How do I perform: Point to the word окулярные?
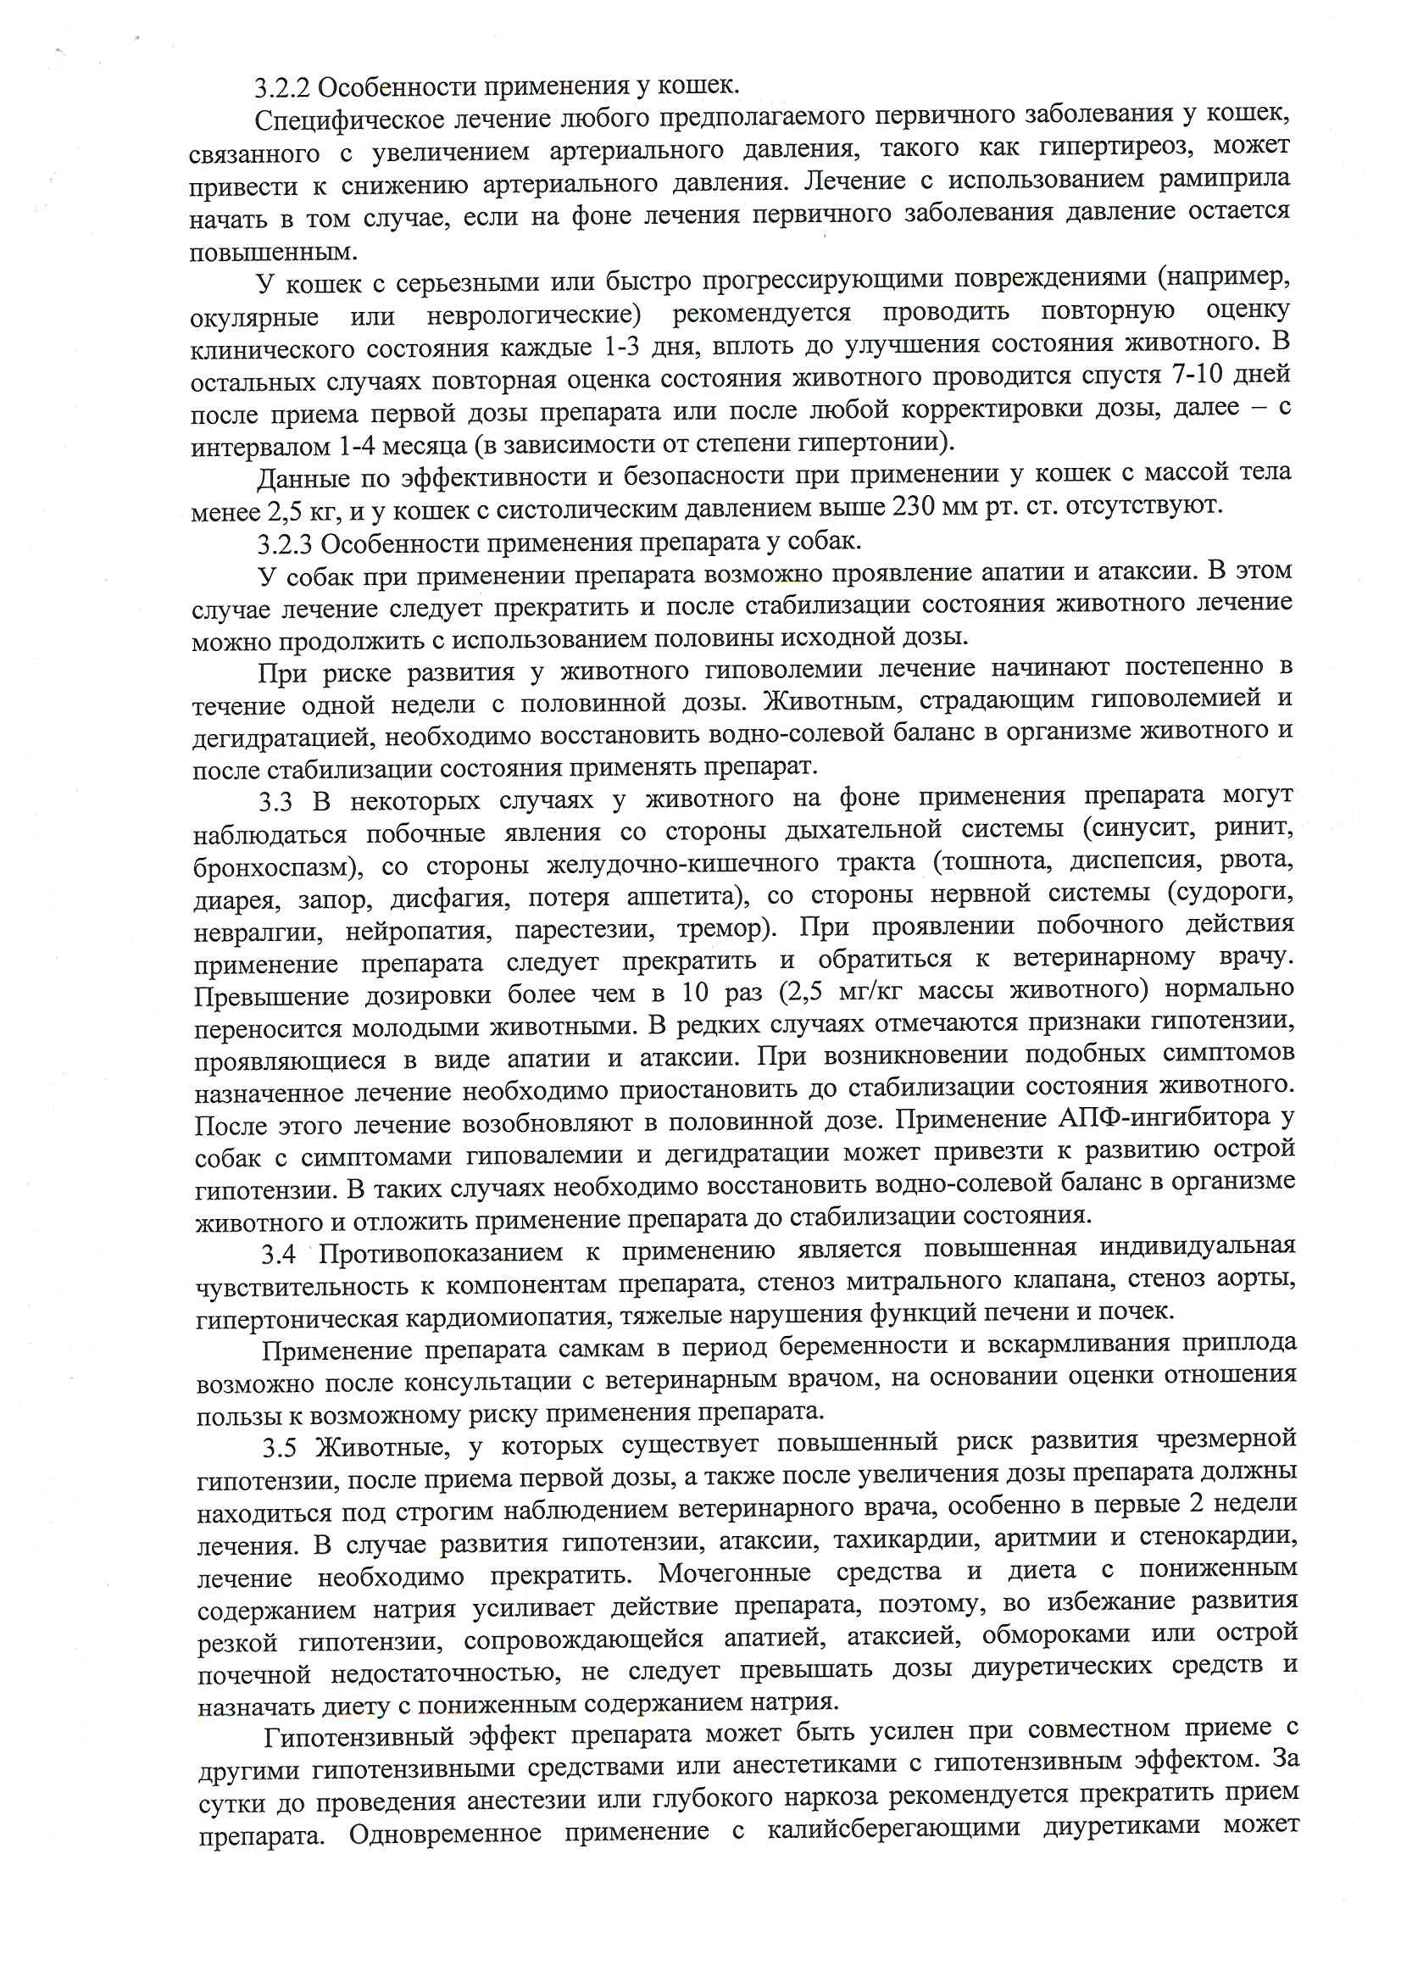tap(253, 318)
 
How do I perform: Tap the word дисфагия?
tap(449, 899)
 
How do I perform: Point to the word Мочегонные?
tap(734, 1573)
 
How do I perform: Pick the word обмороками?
tap(1056, 1635)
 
